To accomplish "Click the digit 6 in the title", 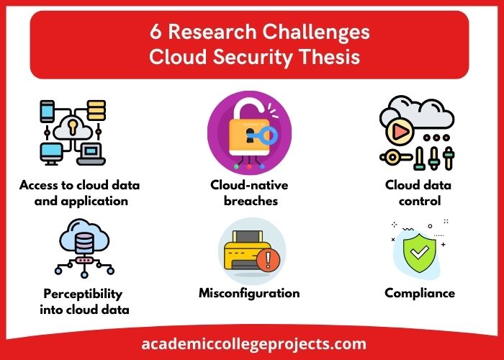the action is point(156,32).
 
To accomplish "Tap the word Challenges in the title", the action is point(316,33).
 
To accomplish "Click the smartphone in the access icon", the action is point(47,111).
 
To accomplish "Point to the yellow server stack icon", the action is point(96,110).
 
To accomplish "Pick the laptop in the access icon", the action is point(91,154).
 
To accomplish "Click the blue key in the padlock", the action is point(263,136).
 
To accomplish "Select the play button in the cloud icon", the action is point(400,131).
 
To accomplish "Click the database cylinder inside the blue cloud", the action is point(84,243).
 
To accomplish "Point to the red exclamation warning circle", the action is point(268,261).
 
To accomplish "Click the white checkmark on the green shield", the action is point(420,252).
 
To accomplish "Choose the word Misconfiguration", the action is point(249,293).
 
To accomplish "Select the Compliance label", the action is point(420,293).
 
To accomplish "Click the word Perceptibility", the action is point(83,294).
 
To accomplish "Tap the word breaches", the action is point(251,201).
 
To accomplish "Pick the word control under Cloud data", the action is point(420,201).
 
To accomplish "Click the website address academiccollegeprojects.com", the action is point(253,344).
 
